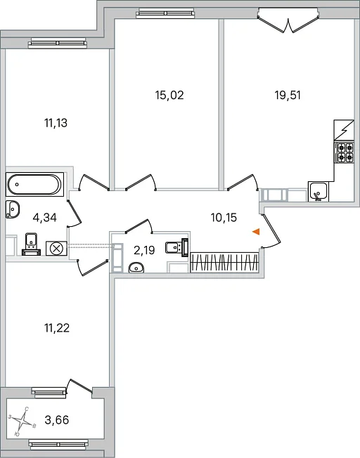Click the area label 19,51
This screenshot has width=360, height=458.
[288, 96]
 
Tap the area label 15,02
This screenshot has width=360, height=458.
[169, 96]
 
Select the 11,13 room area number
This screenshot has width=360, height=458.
[56, 123]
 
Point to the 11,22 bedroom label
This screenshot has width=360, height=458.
[57, 328]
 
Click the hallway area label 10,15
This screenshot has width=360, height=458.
[224, 218]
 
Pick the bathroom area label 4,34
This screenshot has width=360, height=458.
[45, 218]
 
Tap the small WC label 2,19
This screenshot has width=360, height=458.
[144, 250]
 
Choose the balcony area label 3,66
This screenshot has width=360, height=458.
[57, 420]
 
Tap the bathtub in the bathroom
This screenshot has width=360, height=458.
[34, 184]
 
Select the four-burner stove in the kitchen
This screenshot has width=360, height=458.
[345, 152]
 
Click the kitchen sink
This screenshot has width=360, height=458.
[319, 191]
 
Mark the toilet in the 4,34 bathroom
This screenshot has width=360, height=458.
[31, 244]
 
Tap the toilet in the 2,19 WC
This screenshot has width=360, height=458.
[177, 247]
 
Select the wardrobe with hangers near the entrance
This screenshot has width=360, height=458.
[224, 263]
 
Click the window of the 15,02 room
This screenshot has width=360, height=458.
[165, 13]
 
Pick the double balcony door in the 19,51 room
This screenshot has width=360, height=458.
[288, 20]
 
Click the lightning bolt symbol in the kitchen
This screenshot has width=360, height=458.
[345, 130]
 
